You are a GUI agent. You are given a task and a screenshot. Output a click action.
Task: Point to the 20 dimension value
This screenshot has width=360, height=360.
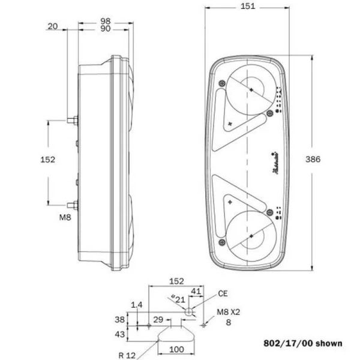52,26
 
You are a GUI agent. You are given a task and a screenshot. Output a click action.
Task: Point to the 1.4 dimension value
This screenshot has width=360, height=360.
136,305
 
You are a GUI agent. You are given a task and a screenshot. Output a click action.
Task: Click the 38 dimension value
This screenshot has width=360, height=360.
119,320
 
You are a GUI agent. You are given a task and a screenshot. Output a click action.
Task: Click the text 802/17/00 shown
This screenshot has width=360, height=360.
303,344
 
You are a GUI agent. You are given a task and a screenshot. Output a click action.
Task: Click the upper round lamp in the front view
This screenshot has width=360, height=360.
250,89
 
